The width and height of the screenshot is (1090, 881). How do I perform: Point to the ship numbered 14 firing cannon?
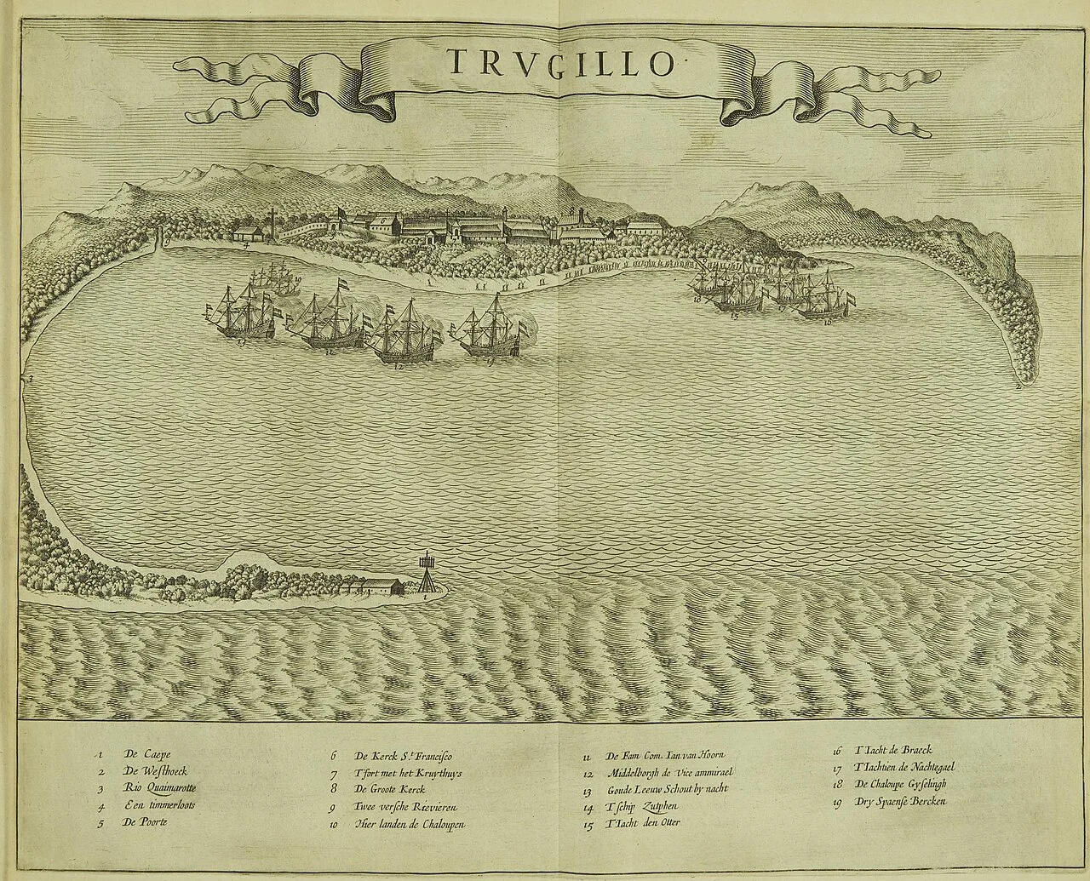486,333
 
